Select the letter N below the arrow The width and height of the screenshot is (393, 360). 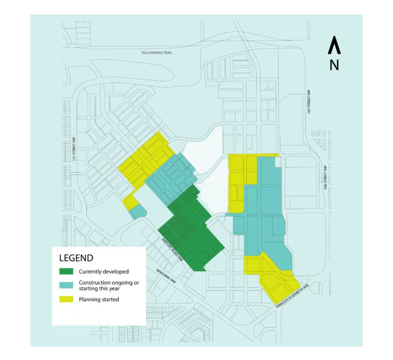(x=334, y=65)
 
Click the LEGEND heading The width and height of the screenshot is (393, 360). (x=76, y=258)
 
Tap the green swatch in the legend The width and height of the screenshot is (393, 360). (x=66, y=271)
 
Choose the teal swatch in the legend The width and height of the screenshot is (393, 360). (x=66, y=284)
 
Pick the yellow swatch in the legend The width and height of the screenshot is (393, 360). (x=66, y=300)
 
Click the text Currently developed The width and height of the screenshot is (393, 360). (x=104, y=271)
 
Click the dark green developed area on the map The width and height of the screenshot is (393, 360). (x=190, y=230)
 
